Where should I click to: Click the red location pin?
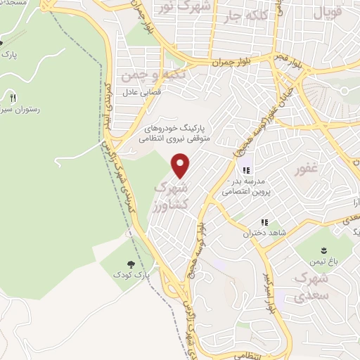coord(181,166)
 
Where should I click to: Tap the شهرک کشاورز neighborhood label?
coord(170,198)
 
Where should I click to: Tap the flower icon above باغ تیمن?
coord(323,250)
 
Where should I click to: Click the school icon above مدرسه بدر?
coord(247,169)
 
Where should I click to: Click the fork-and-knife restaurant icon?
coord(13,98)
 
